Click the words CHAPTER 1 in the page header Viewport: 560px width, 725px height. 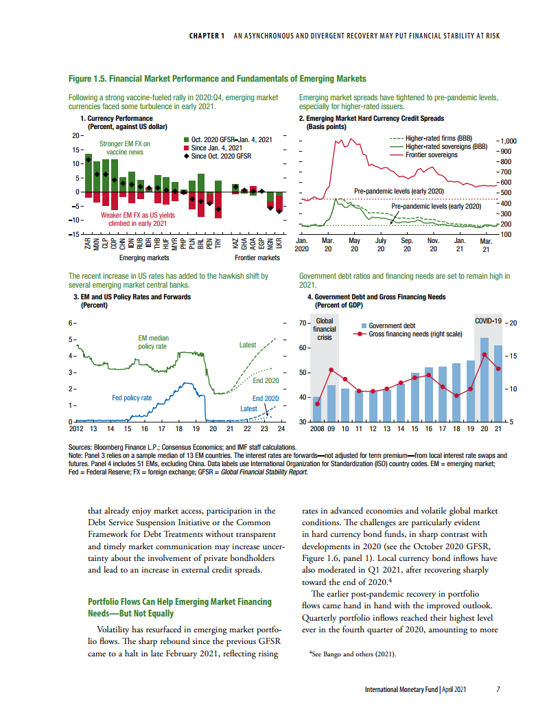coord(207,36)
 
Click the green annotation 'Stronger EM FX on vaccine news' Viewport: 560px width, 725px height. coord(125,148)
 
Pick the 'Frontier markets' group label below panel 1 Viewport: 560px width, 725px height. coord(257,258)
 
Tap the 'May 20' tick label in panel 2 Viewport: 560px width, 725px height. coord(354,245)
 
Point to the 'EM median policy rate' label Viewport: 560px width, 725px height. coord(152,342)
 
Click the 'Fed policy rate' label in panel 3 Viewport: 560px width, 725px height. coord(132,398)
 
